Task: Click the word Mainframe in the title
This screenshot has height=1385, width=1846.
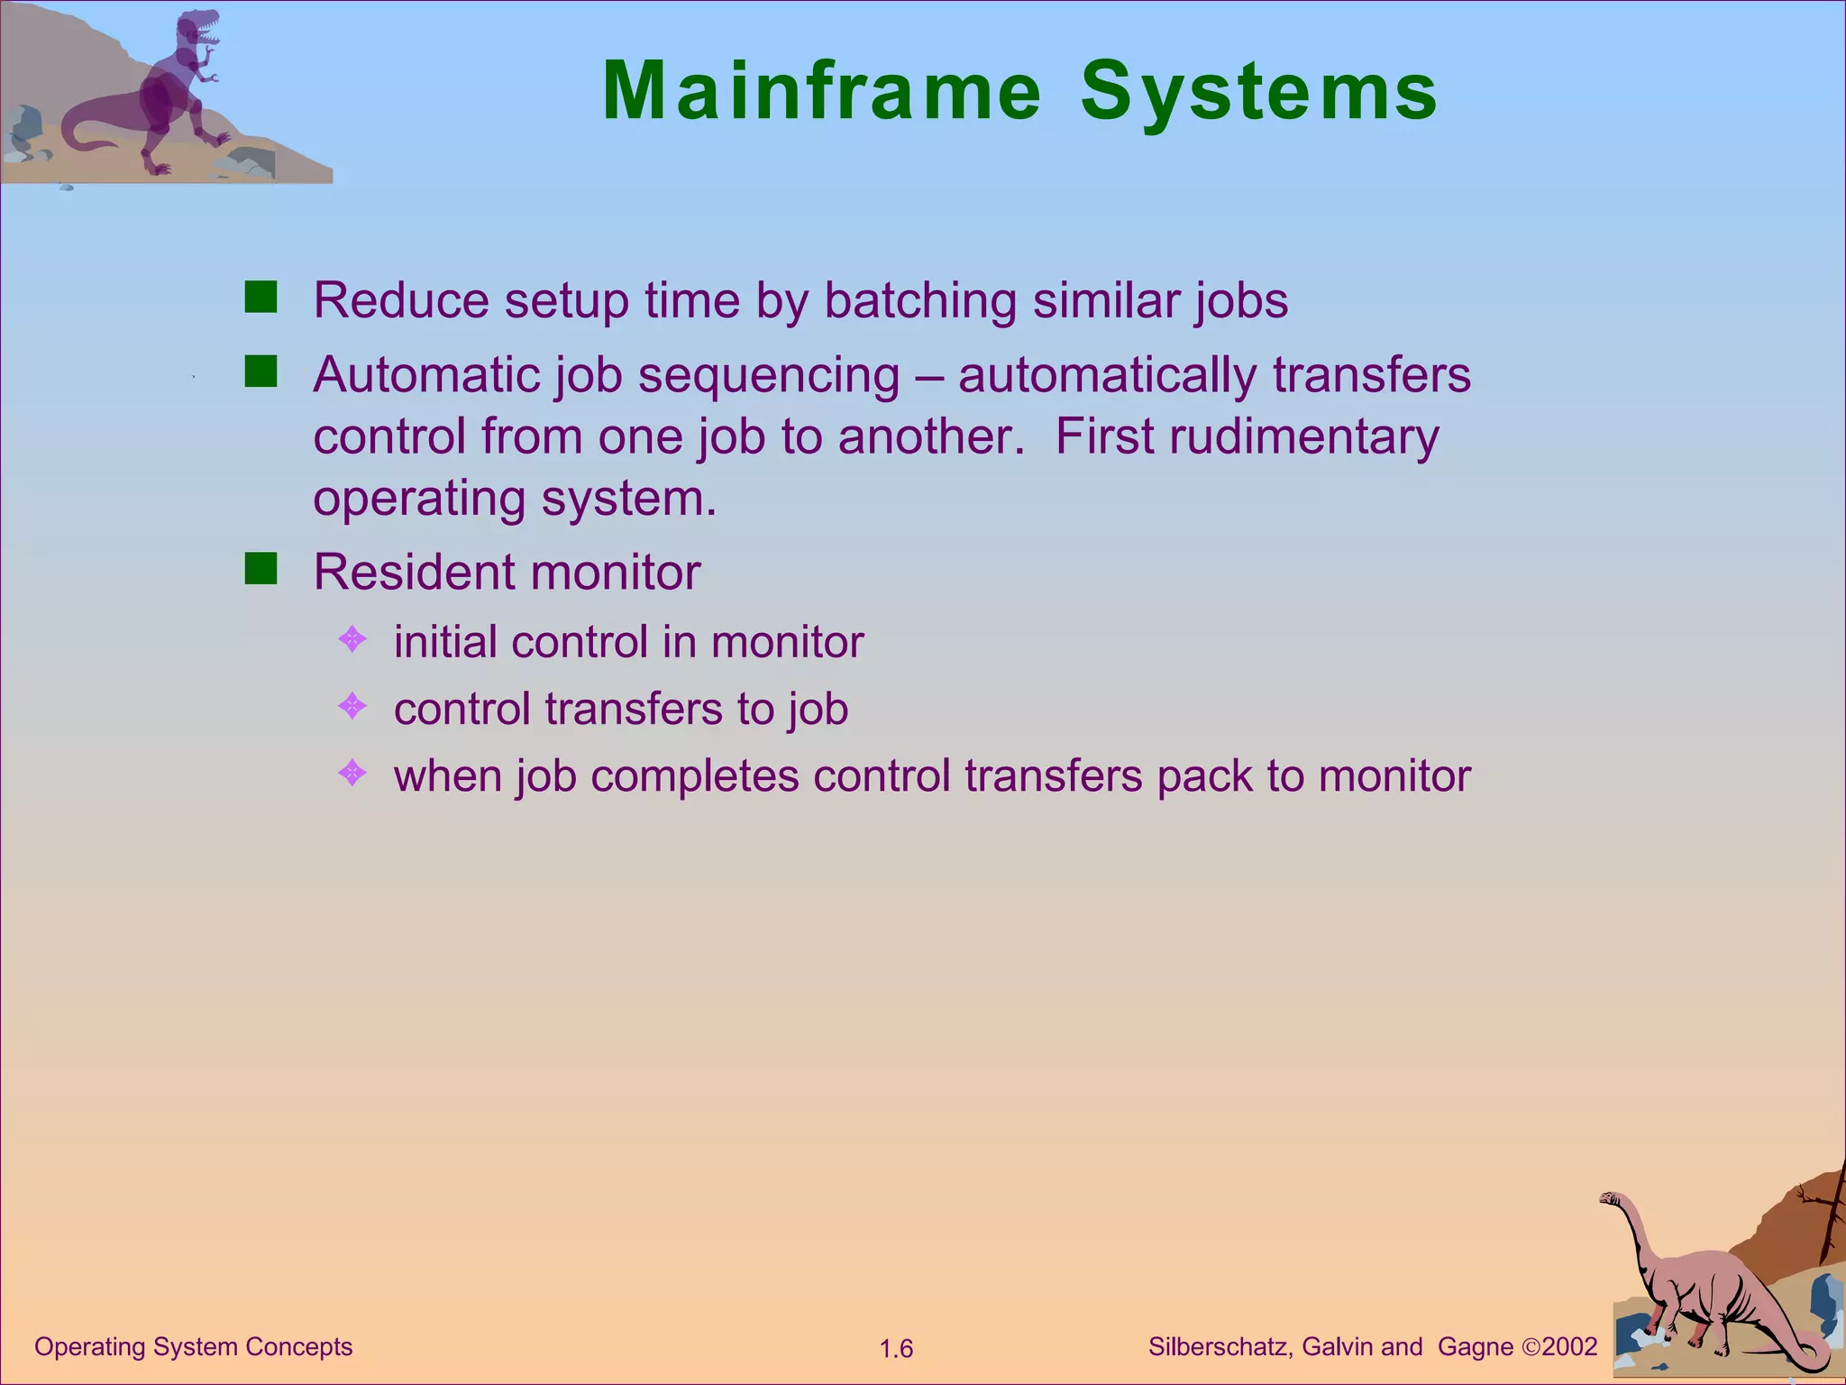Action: (821, 91)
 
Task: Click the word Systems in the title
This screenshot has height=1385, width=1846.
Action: (1258, 91)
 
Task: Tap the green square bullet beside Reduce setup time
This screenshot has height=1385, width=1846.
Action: (260, 297)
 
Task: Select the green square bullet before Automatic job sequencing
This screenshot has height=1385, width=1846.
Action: (260, 371)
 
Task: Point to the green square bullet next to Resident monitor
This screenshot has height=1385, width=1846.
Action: (260, 569)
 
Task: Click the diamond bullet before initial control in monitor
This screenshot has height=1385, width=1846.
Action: (352, 640)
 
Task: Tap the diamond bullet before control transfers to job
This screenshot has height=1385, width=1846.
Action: (352, 706)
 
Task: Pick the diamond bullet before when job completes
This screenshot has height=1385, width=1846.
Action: (352, 773)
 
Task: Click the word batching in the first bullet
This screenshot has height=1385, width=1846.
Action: (920, 300)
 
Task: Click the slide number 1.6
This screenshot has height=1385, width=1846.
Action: (896, 1349)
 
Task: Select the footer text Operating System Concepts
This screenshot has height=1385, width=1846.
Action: (193, 1346)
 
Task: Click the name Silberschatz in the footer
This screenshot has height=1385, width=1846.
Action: (1220, 1346)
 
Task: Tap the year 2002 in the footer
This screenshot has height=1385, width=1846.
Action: (1569, 1346)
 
